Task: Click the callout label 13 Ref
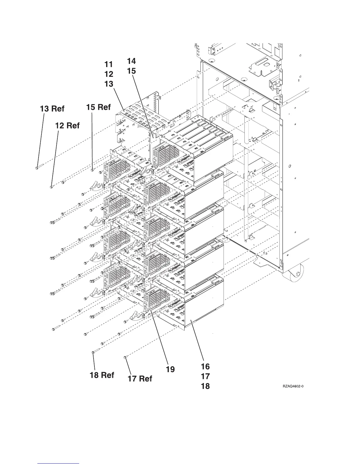click(52, 109)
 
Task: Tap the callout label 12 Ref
click(67, 126)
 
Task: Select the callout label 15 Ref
click(98, 107)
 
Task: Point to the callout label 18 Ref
click(102, 375)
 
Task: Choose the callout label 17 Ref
click(140, 379)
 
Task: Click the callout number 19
click(170, 369)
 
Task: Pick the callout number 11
click(109, 64)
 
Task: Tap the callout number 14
click(131, 61)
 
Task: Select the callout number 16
click(205, 367)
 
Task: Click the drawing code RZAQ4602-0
click(293, 387)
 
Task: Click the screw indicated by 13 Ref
click(36, 168)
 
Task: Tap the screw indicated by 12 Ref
click(51, 187)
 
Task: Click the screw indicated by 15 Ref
click(92, 169)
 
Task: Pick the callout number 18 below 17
click(205, 386)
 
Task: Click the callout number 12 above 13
click(109, 74)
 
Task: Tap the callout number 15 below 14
click(131, 71)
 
